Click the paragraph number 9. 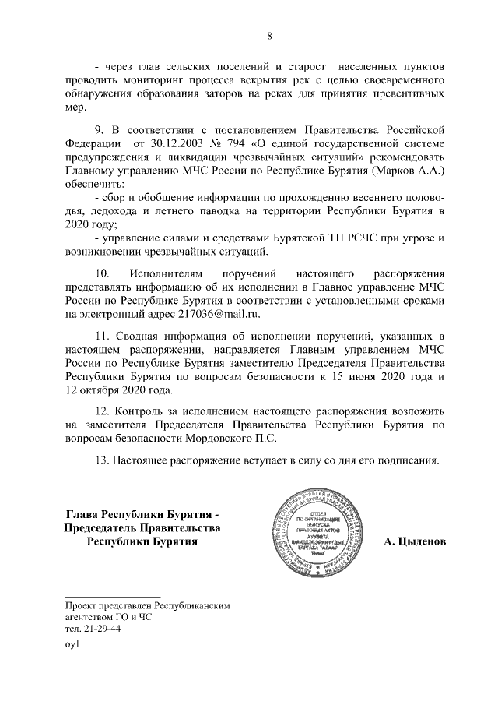pyautogui.click(x=98, y=129)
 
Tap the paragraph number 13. pyautogui.click(x=100, y=460)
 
